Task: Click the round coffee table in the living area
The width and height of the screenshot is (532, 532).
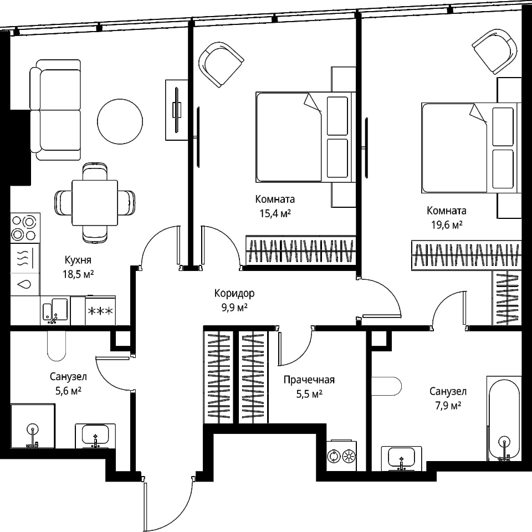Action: pos(120,121)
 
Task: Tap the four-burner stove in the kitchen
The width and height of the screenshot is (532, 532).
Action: pos(25,228)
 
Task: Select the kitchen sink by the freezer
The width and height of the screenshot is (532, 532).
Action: pos(55,310)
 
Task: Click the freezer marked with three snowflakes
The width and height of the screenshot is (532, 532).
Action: pos(100,310)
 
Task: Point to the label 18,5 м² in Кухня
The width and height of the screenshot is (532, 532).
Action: pos(78,274)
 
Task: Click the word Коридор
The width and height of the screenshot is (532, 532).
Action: pos(234,293)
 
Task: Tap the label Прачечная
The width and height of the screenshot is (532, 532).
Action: pos(309,380)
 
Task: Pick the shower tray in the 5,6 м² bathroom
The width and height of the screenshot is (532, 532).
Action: pos(33,426)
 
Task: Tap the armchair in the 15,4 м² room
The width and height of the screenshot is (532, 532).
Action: pos(221,64)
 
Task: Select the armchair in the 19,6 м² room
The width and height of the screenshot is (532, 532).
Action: pos(495,51)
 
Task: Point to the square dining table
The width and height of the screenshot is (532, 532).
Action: pos(95,203)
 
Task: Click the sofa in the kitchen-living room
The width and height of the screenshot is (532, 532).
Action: pos(55,110)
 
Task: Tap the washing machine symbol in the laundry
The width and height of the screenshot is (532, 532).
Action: pos(334,456)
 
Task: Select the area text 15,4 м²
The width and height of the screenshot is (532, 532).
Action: pos(275,213)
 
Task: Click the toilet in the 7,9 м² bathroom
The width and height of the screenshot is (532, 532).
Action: pos(387,386)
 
